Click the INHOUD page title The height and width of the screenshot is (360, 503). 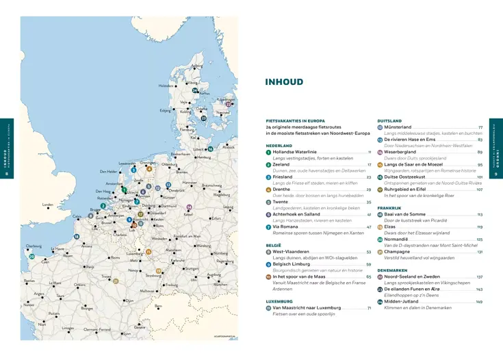pyautogui.click(x=283, y=82)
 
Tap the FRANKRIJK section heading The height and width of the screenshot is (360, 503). pyautogui.click(x=389, y=207)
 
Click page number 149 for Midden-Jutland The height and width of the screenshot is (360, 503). pyautogui.click(x=479, y=302)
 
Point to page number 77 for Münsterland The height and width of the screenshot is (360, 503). pyautogui.click(x=480, y=127)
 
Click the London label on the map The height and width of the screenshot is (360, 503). pyautogui.click(x=47, y=205)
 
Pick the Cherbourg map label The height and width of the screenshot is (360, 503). pyautogui.click(x=34, y=246)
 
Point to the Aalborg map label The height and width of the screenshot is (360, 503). pyautogui.click(x=197, y=66)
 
